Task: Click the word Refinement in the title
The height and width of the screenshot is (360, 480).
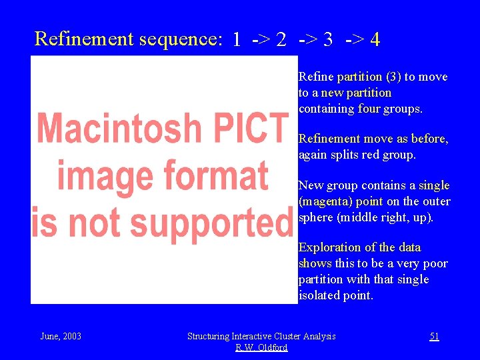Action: [x=84, y=39]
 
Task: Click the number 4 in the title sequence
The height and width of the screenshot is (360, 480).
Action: [x=375, y=40]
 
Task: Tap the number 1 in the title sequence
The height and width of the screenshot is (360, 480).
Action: [x=237, y=40]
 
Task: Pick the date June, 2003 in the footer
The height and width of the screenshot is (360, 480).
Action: [x=61, y=336]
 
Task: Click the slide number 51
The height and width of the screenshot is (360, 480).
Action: [x=434, y=336]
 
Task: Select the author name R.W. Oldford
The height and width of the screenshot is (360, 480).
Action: [x=261, y=347]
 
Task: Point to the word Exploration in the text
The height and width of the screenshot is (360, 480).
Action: [x=331, y=247]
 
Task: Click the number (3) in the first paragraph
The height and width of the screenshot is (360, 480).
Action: [x=391, y=77]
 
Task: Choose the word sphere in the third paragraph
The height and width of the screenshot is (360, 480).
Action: [x=316, y=217]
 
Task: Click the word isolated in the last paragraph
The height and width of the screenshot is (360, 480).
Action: [x=319, y=295]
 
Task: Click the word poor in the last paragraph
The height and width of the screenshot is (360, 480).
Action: [x=435, y=263]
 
